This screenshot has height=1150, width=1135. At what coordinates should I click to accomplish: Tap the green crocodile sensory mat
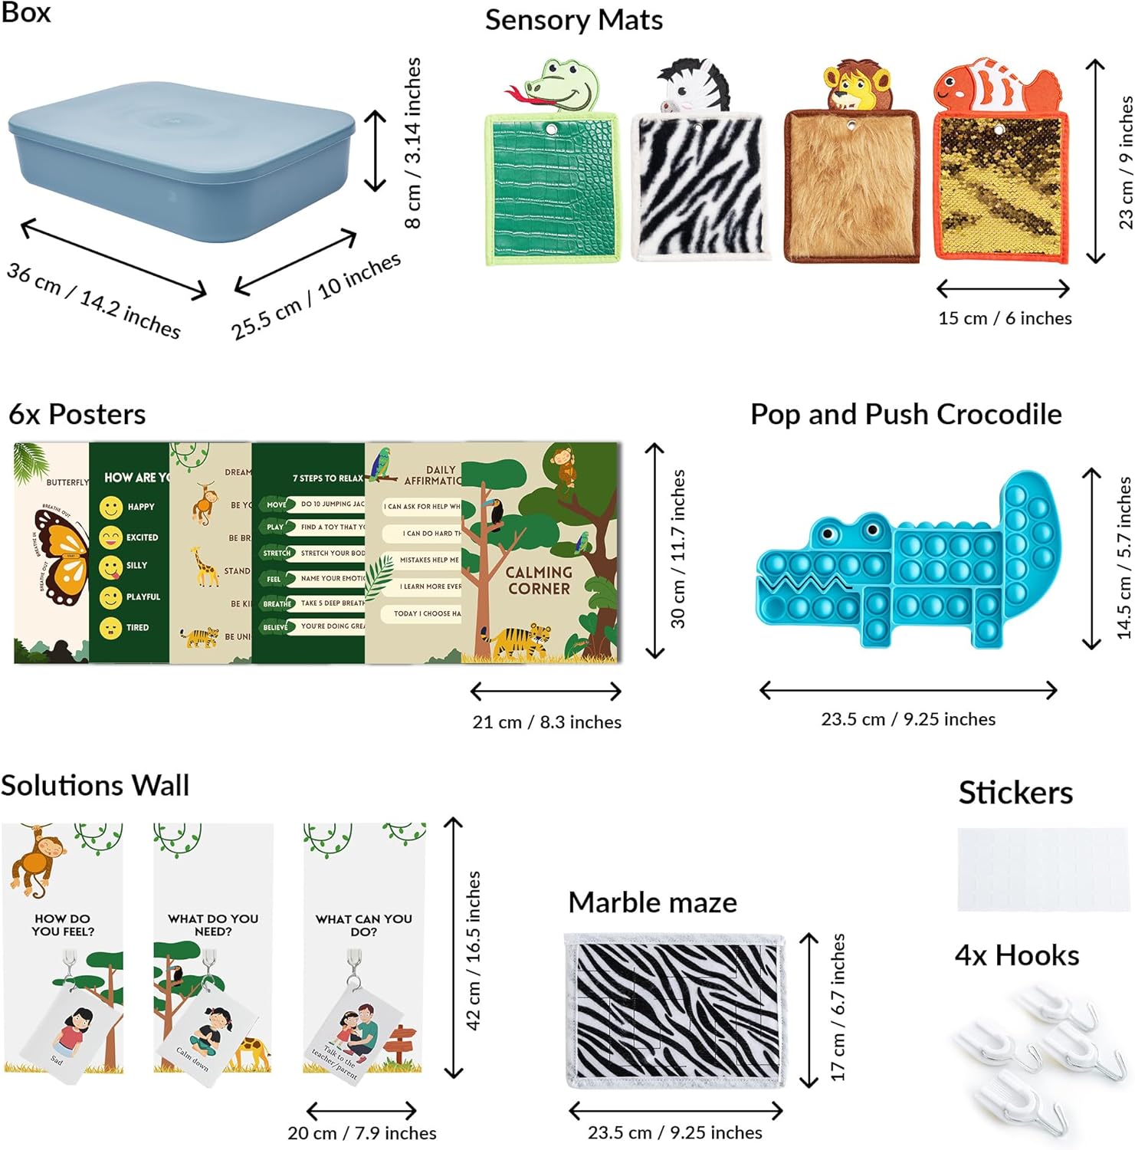(551, 188)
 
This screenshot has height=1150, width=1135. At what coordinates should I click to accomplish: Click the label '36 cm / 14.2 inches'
(93, 300)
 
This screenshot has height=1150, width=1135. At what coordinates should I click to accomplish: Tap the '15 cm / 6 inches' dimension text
(1004, 318)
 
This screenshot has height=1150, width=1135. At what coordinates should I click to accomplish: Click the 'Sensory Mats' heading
(573, 20)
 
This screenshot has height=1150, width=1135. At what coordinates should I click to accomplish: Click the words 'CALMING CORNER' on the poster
(539, 580)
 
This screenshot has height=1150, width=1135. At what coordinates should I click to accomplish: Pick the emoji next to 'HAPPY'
(111, 508)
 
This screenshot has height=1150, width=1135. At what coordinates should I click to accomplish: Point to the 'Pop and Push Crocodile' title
(905, 414)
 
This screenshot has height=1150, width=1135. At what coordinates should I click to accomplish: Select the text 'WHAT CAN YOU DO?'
(363, 925)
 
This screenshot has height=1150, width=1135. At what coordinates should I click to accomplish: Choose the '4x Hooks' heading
(1016, 955)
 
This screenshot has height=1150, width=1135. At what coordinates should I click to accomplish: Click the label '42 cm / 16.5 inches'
(473, 950)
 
